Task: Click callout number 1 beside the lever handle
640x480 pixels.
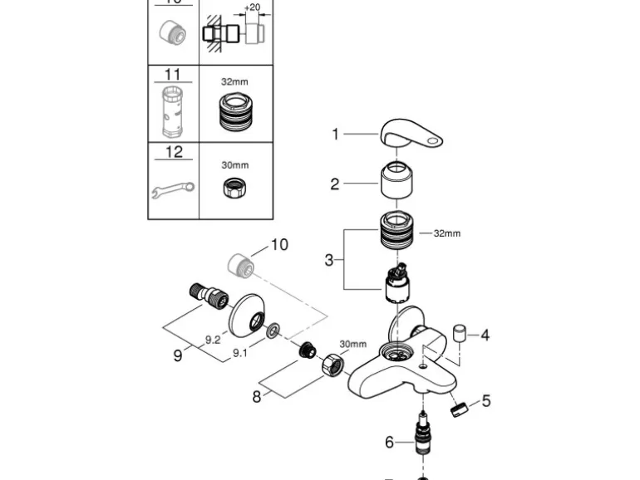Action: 336,134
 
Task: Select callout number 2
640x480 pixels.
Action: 335,184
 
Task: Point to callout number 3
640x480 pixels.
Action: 329,260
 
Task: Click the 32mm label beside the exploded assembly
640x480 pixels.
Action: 446,233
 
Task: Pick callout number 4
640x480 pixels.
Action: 485,336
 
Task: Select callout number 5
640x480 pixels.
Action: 486,401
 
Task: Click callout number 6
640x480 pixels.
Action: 389,442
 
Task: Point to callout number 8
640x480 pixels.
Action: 257,397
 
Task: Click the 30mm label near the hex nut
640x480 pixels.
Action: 352,344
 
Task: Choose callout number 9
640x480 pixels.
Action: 177,355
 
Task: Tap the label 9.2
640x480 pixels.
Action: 213,339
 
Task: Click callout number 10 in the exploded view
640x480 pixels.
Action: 279,245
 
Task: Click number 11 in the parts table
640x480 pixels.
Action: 172,75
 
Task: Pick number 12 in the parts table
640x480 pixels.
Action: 173,152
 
